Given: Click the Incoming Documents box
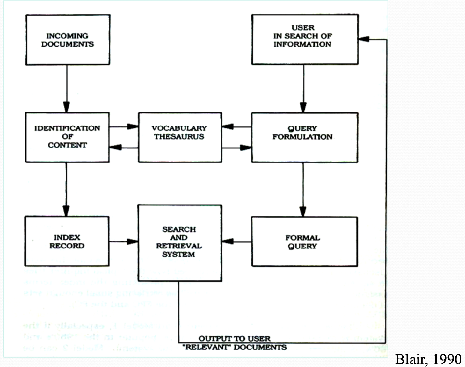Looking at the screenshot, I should click(x=68, y=40).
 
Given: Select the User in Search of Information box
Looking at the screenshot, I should click(x=304, y=40).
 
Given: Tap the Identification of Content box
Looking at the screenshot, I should click(x=67, y=137).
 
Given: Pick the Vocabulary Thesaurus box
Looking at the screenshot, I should click(x=180, y=137).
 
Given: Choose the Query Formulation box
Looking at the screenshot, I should click(x=304, y=137).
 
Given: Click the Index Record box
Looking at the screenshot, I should click(x=67, y=241).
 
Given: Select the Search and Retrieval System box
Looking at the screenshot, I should click(x=179, y=243).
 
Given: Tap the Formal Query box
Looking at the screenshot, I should click(x=304, y=241).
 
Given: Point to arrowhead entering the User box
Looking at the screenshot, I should click(x=364, y=40).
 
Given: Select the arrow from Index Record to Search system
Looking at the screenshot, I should click(x=124, y=241).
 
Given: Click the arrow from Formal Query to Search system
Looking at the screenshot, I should click(x=236, y=241).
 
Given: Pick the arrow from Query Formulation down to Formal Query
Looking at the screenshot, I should click(x=303, y=190).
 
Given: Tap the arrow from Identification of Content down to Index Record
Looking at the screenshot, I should click(x=66, y=189).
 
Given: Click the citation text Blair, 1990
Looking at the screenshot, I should click(x=428, y=359).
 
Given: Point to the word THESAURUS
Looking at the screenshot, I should click(x=179, y=137).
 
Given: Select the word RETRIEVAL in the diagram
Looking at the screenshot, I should click(x=179, y=246).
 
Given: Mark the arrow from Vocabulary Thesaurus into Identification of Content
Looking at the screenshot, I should click(x=124, y=148).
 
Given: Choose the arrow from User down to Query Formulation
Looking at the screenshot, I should click(x=303, y=89).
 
